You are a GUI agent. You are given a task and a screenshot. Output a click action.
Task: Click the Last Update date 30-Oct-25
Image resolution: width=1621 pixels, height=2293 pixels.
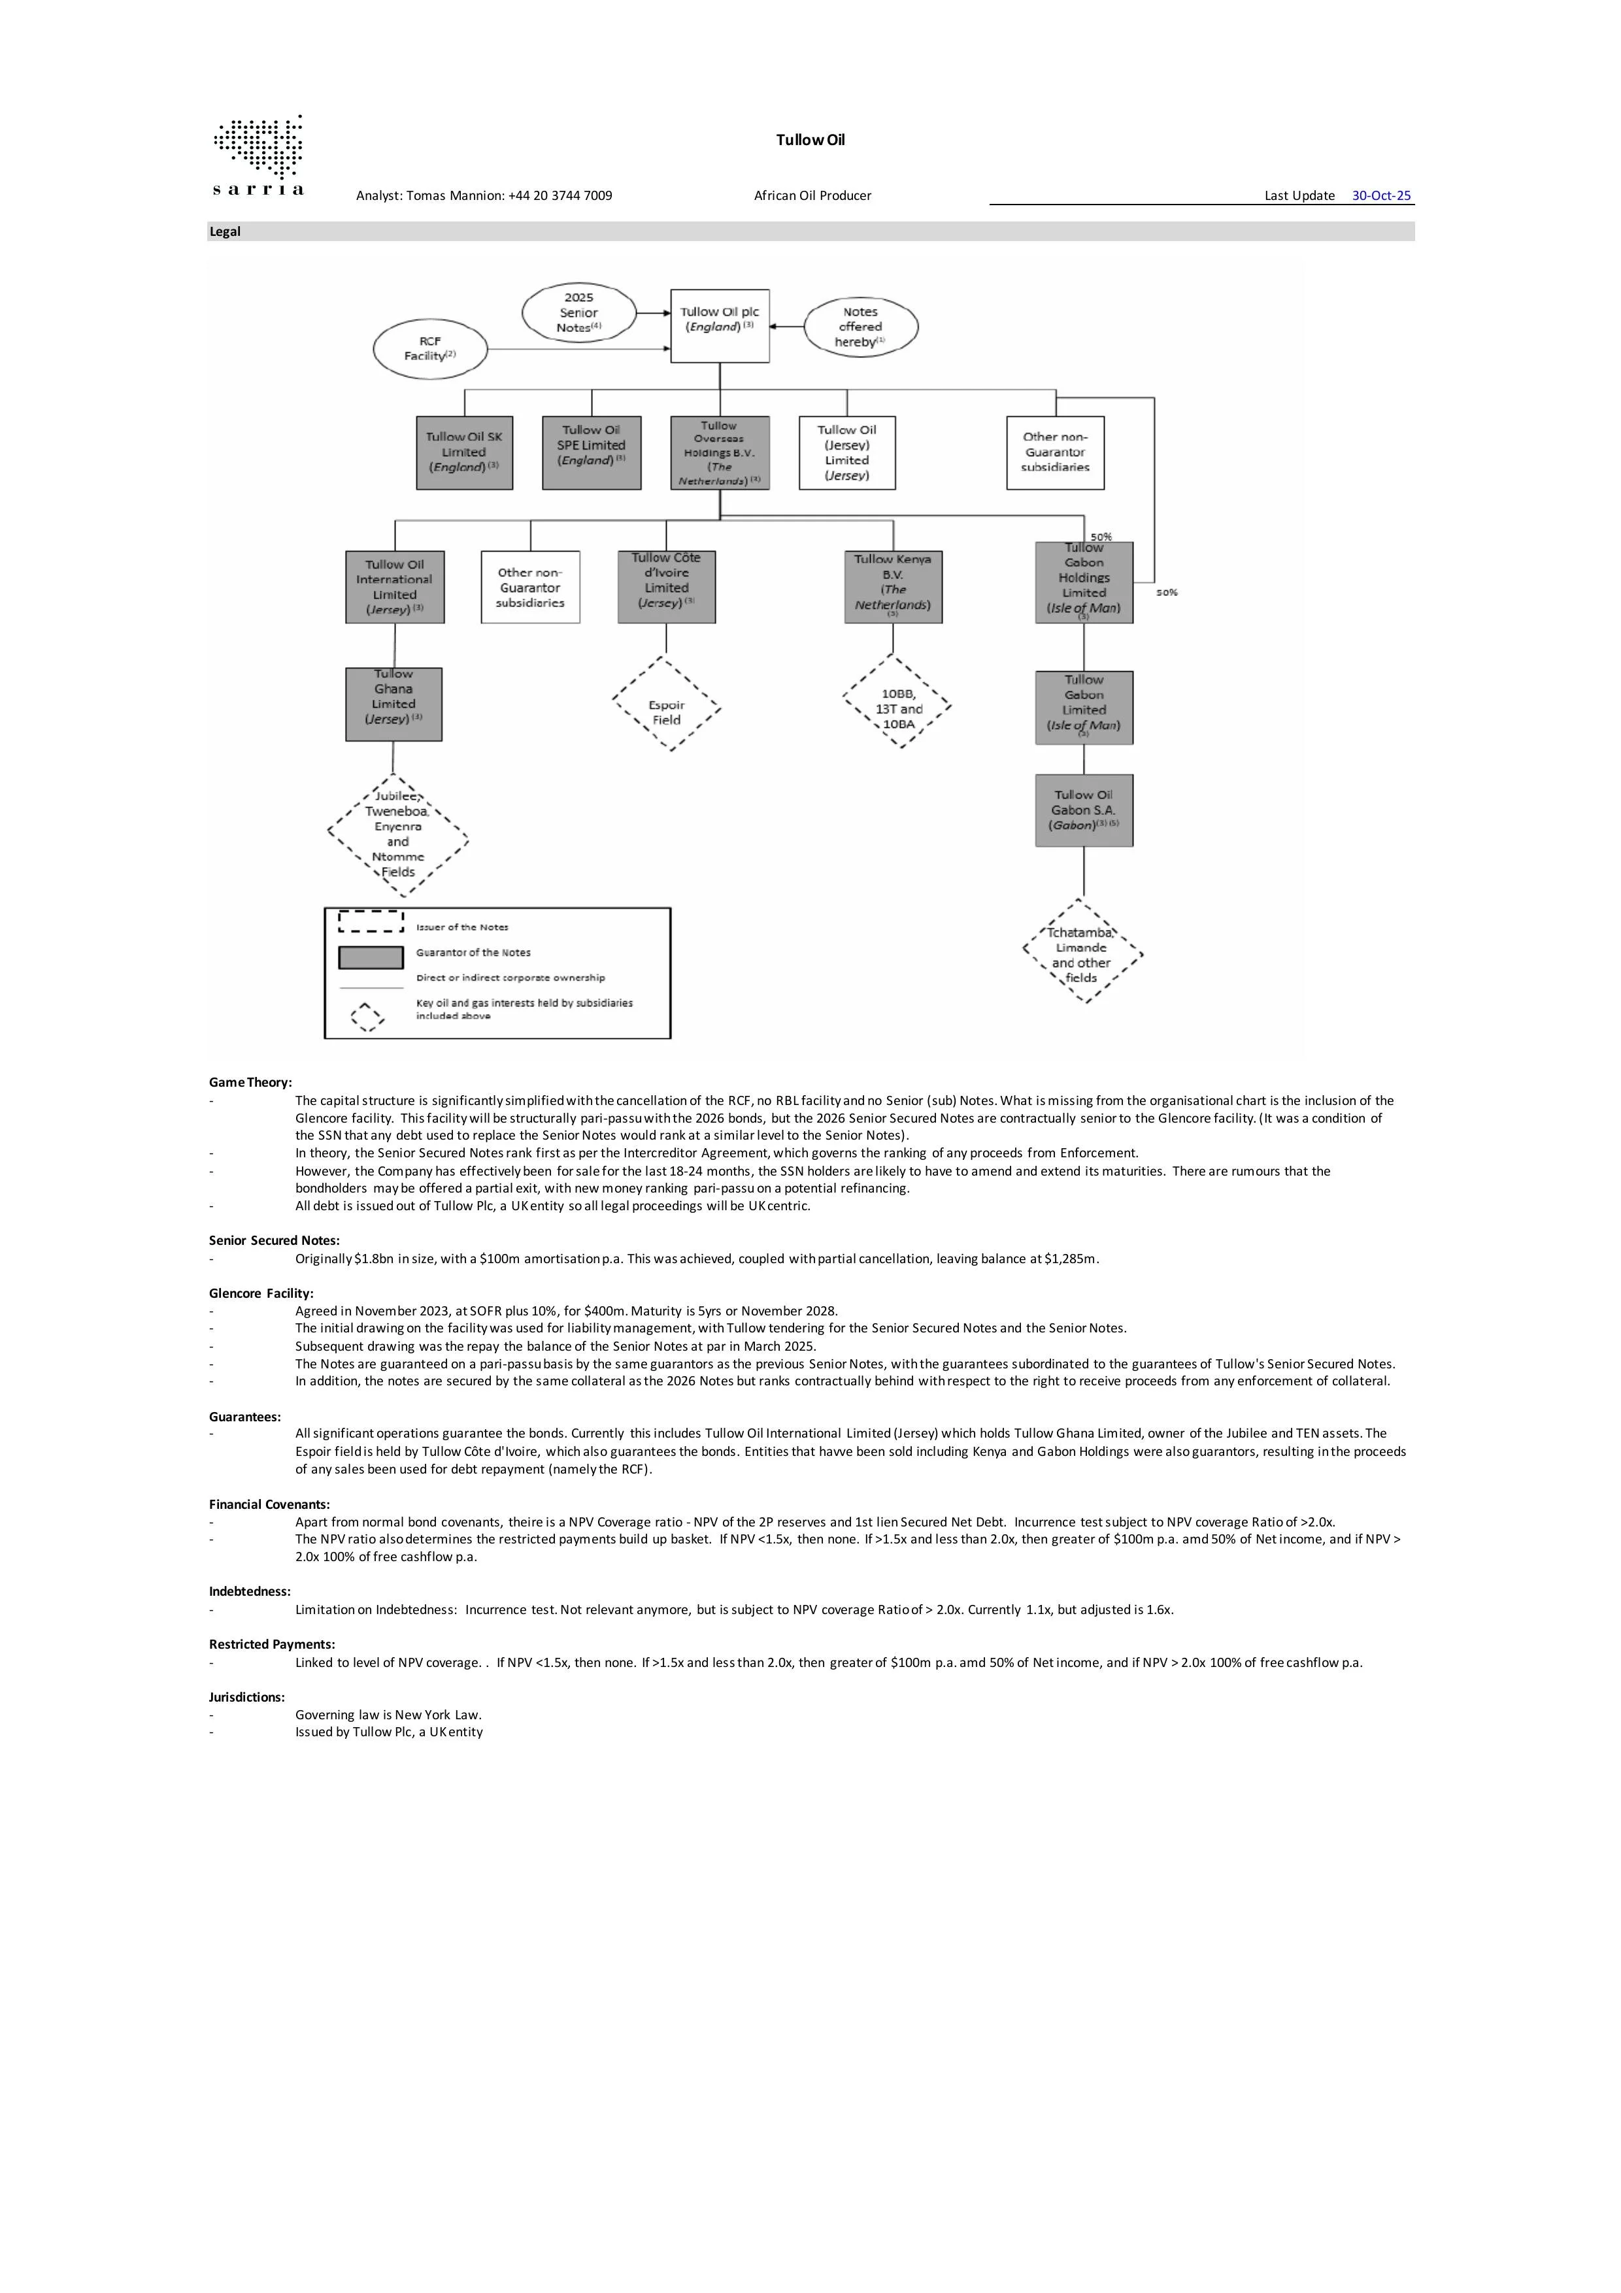tap(1381, 196)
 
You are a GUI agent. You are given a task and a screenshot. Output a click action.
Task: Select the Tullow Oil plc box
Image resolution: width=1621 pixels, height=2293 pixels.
tap(719, 325)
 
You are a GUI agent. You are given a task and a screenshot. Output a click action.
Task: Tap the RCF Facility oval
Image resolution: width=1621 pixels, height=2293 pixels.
tap(429, 348)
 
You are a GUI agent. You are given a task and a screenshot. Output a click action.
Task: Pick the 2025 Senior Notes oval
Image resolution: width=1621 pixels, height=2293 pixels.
tap(578, 312)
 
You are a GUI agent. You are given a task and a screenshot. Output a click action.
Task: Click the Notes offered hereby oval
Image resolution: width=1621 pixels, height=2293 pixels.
tap(860, 327)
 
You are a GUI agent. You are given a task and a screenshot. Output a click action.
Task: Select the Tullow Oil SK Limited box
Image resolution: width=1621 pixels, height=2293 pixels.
tap(465, 452)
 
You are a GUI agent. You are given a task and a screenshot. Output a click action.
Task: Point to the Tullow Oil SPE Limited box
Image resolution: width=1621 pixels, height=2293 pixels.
tap(592, 452)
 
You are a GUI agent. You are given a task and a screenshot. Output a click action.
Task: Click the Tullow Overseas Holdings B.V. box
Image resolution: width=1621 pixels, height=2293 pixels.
tap(719, 452)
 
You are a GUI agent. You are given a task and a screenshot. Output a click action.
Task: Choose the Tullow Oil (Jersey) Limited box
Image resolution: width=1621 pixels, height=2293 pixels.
tap(847, 452)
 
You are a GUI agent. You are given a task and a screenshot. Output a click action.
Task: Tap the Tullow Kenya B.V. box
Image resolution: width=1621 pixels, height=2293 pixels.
tap(893, 587)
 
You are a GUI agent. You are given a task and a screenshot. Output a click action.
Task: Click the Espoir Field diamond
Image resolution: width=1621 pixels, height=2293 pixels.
tap(666, 704)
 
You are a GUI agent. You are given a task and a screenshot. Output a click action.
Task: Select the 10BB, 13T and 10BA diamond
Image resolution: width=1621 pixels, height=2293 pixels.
tap(897, 703)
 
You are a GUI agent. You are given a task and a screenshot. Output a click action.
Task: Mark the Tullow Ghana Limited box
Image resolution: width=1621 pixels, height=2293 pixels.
tap(393, 704)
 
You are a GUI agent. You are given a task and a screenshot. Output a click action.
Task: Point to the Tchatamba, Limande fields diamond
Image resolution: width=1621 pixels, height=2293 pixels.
tap(1082, 951)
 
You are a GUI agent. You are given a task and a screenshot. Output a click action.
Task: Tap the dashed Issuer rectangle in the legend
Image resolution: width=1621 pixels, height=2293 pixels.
tap(371, 921)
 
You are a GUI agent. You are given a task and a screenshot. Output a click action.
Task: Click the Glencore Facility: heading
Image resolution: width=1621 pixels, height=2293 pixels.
tap(261, 1293)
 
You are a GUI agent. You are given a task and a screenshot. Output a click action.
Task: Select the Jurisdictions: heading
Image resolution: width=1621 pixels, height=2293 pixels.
tap(246, 1697)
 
